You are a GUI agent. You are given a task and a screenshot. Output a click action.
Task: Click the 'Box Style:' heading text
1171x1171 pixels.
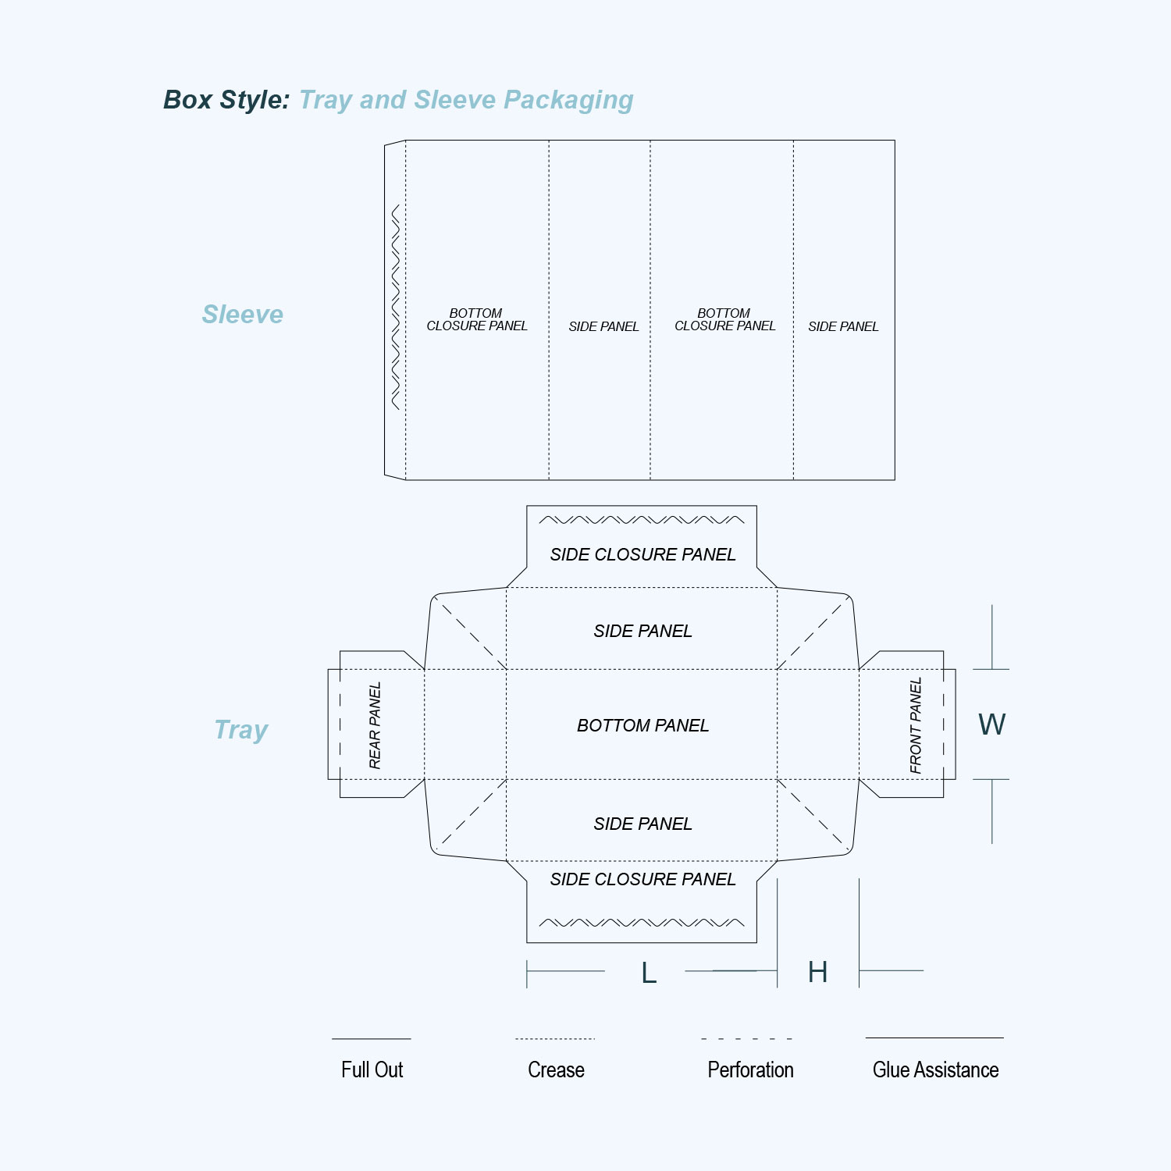tap(226, 100)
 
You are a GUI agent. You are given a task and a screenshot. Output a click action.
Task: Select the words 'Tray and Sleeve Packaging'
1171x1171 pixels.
tap(466, 101)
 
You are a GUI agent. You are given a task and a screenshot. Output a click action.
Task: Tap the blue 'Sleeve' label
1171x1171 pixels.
tap(243, 314)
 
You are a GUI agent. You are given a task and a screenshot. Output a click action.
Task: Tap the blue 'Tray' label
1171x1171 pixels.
tap(241, 731)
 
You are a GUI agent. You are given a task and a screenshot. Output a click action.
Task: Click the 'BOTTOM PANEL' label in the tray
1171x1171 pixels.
tap(642, 725)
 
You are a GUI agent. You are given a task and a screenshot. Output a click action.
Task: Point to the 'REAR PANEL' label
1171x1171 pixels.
tap(375, 725)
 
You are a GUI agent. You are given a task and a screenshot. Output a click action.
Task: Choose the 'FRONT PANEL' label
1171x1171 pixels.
tap(916, 725)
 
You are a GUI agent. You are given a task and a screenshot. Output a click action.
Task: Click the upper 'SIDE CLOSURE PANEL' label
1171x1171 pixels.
tap(642, 554)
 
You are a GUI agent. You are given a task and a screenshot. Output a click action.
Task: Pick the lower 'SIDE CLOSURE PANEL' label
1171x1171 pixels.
tap(642, 879)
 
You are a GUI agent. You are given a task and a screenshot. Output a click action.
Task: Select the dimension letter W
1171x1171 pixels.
tap(992, 724)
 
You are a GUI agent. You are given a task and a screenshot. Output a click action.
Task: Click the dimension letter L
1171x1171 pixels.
tap(649, 973)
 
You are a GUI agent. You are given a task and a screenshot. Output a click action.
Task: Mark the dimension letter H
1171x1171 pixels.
tap(817, 972)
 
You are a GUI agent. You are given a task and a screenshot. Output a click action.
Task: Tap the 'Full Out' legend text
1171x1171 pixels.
tap(372, 1070)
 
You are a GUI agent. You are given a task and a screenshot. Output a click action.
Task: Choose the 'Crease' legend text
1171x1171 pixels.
tap(556, 1070)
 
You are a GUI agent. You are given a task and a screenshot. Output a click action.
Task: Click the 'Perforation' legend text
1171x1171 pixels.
tap(750, 1070)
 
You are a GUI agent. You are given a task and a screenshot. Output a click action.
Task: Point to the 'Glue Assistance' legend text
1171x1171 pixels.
tap(935, 1070)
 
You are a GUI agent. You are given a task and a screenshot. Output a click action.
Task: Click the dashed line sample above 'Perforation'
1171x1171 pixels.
tap(747, 1039)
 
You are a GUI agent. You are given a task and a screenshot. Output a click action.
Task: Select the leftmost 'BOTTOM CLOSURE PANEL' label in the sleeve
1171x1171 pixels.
tap(477, 319)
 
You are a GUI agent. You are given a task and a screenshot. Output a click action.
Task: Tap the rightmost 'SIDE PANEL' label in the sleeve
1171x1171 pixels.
tap(843, 326)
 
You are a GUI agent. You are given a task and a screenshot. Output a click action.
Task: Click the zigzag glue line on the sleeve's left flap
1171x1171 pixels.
tap(396, 307)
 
